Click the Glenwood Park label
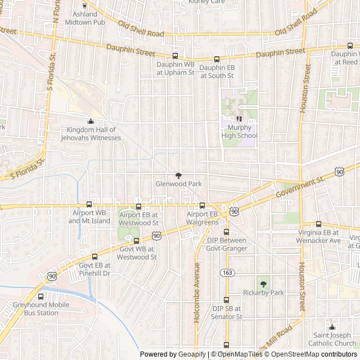pos(178,184)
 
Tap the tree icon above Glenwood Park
pos(179,175)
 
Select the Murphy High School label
pos(240,132)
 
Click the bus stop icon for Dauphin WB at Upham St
pos(175,56)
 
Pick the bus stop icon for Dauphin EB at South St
pos(217,58)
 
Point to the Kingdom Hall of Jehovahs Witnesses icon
pos(91,121)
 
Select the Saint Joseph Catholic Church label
pos(332,339)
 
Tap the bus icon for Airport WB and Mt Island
pos(89,205)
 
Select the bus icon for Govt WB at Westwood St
pos(136,241)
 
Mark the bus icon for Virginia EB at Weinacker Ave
pos(318,224)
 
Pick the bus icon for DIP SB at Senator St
pos(227,300)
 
